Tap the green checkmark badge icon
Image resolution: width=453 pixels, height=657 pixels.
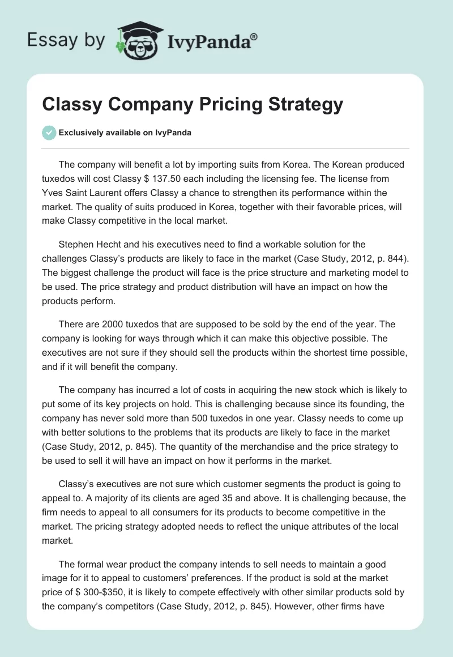pos(49,133)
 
